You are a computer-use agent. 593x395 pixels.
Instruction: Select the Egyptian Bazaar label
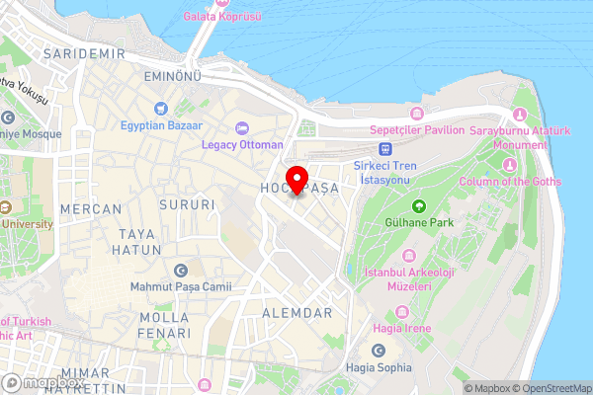(161, 126)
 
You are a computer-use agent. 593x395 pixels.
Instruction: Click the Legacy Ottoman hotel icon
(242, 127)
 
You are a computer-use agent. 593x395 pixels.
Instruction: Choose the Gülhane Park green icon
(418, 206)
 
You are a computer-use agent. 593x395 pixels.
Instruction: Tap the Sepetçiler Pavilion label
(416, 129)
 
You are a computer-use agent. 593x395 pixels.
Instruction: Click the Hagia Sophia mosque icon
(378, 351)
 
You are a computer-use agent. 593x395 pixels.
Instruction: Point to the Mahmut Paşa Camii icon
(180, 270)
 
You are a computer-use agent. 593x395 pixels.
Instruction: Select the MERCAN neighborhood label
(91, 209)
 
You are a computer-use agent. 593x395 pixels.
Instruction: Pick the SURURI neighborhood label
(187, 205)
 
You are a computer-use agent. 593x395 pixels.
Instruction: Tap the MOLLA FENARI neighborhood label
(164, 326)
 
